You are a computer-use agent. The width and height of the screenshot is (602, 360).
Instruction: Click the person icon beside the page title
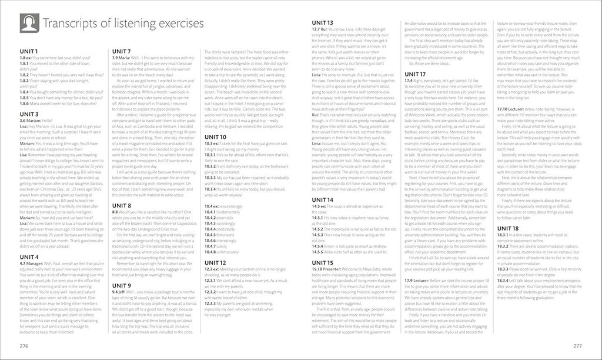29,23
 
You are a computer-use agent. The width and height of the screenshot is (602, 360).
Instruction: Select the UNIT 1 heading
29,52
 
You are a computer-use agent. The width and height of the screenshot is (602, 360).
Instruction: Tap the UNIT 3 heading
29,114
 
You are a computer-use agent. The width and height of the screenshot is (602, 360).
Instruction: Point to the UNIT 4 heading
29,257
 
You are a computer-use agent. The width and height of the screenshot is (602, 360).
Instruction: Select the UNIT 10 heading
215,137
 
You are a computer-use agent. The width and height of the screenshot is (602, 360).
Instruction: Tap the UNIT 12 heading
215,262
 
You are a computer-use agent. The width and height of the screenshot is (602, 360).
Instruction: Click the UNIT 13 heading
323,22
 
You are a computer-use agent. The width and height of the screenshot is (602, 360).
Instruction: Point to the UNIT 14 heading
323,200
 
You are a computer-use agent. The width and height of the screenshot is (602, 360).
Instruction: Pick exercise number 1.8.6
26,103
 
